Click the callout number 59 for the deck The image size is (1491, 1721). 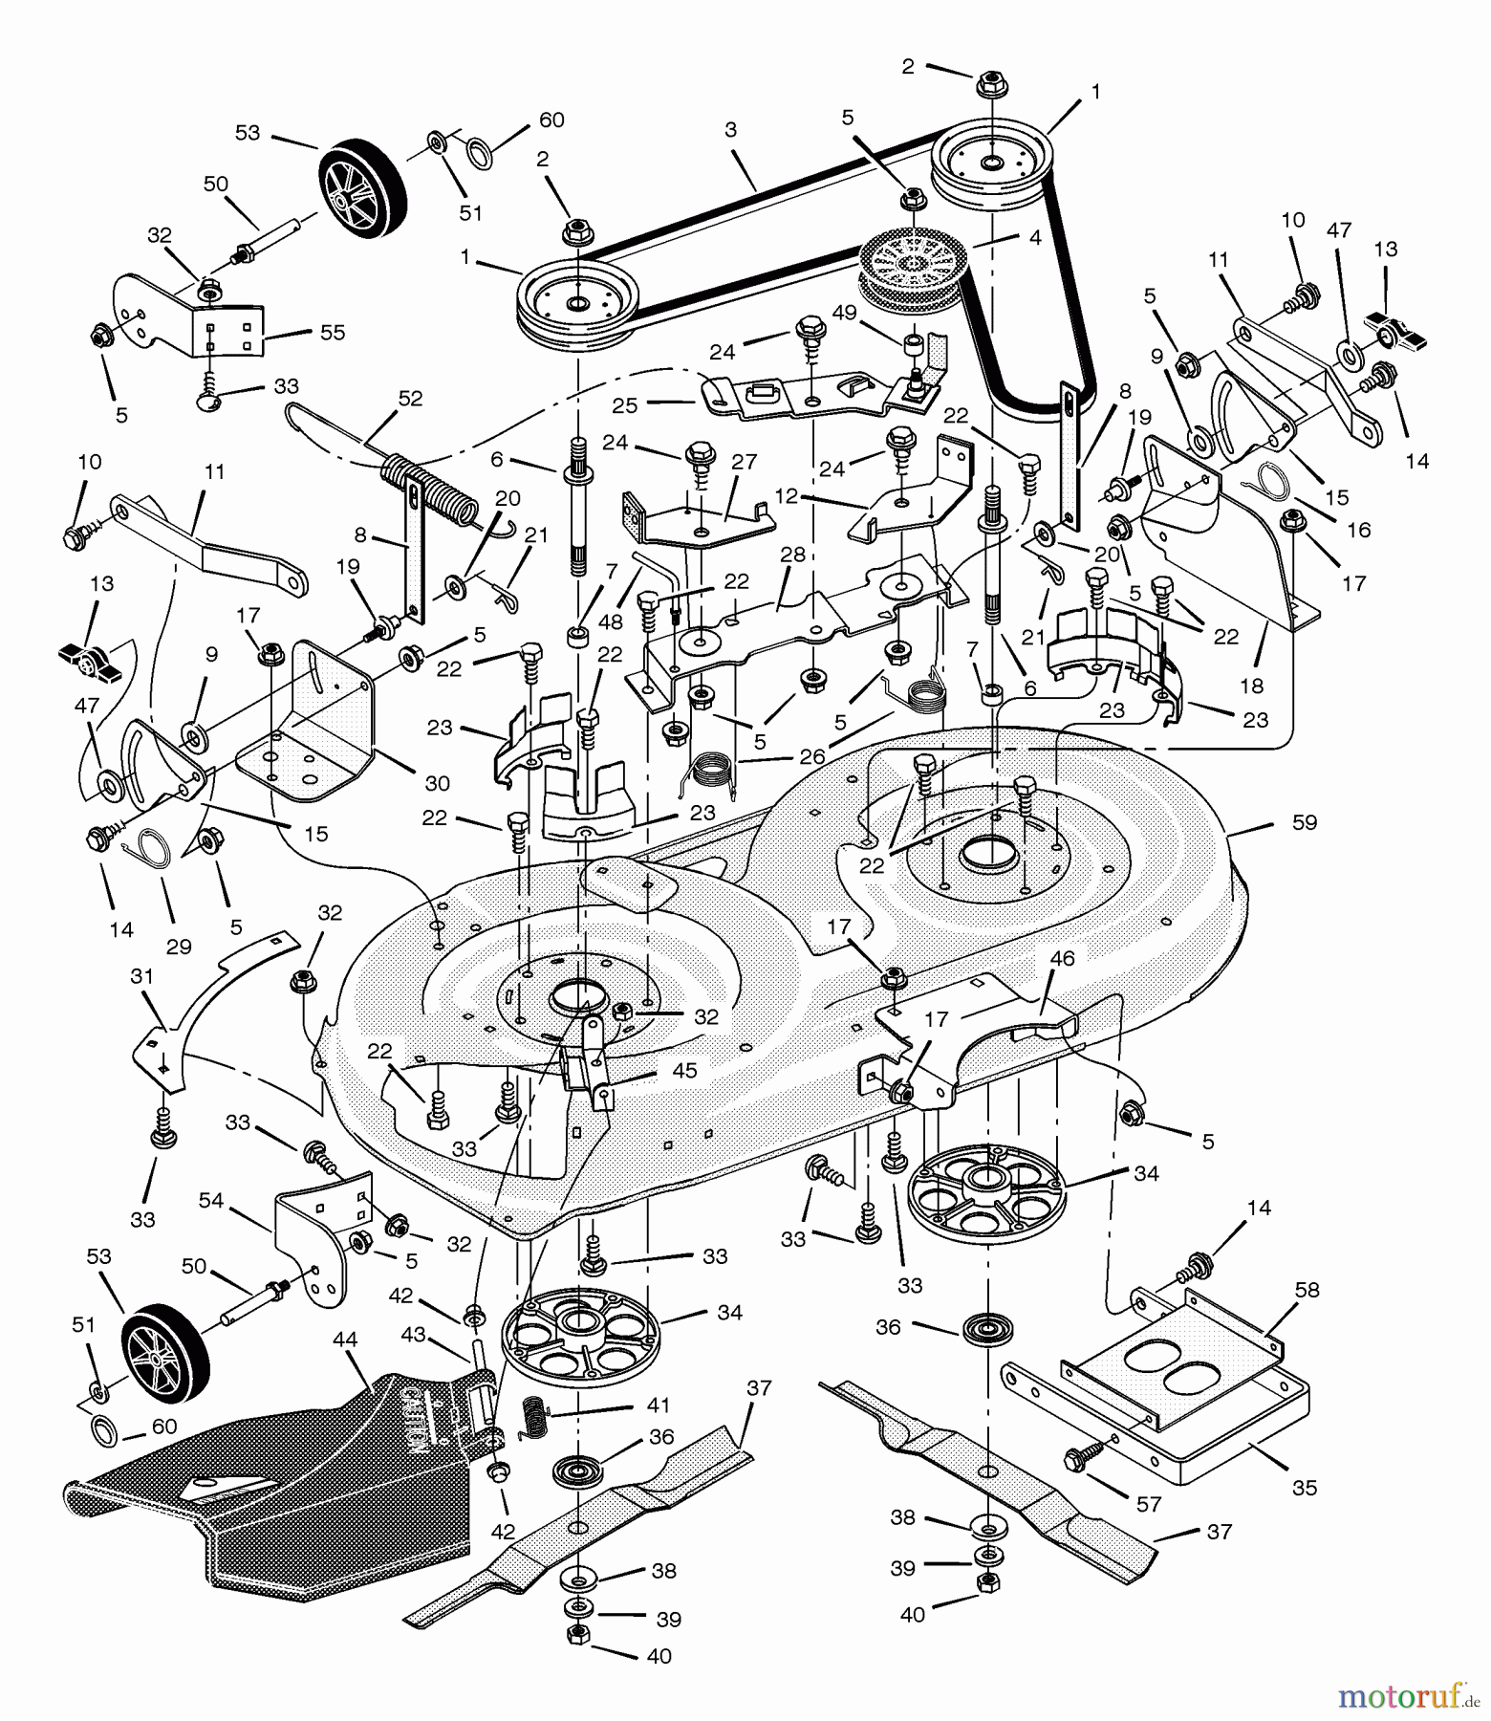click(1304, 823)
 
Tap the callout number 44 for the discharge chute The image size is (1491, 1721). click(345, 1340)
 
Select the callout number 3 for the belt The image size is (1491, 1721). click(730, 130)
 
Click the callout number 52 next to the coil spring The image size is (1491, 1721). click(410, 399)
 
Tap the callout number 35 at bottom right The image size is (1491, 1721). click(1304, 1488)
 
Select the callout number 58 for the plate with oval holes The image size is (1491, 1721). click(1307, 1290)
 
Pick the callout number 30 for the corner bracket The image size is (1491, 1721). click(437, 783)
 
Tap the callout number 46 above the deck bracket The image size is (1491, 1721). click(1062, 959)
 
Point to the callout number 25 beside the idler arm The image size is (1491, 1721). click(624, 405)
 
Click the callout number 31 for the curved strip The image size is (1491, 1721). click(141, 976)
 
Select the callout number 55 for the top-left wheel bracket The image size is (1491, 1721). click(334, 333)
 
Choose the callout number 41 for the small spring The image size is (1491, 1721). click(659, 1405)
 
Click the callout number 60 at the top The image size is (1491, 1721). click(551, 120)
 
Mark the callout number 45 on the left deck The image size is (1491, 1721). click(684, 1071)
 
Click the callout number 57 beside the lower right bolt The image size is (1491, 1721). click(1148, 1505)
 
